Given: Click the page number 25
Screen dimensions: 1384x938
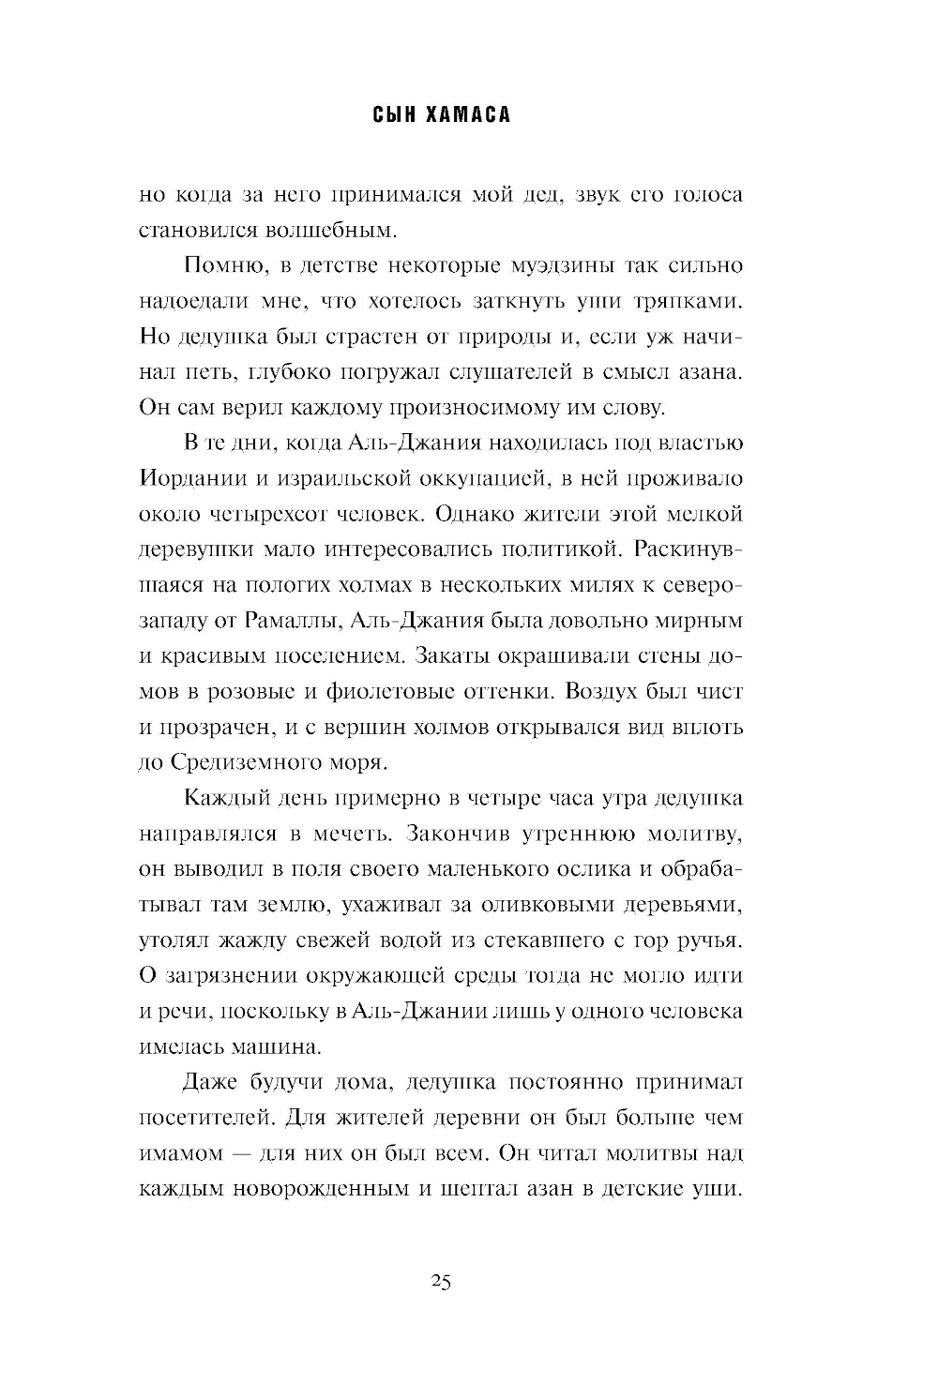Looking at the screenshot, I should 441,1283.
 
